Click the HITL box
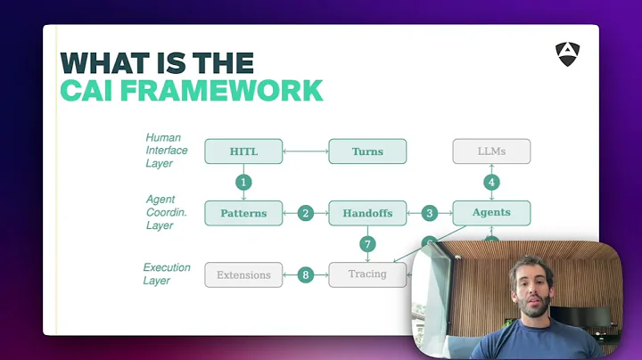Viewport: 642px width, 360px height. coord(243,151)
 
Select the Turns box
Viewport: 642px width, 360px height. coord(367,151)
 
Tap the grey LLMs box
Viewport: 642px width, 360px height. coord(491,151)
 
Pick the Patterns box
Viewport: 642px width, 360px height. coord(243,213)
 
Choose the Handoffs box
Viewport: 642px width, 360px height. coord(367,213)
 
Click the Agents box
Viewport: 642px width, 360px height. coord(491,213)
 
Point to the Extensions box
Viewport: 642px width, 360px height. coord(243,274)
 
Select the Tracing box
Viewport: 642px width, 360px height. coord(367,274)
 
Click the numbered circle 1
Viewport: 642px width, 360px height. coord(243,183)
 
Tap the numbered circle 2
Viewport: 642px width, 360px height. coord(306,213)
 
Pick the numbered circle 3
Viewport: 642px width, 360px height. coord(430,213)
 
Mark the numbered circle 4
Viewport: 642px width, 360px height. coord(491,183)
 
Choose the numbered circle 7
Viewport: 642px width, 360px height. coord(367,244)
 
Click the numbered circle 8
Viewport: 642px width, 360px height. coord(306,274)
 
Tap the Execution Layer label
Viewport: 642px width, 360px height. coord(168,274)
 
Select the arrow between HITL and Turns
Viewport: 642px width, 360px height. coord(306,151)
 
